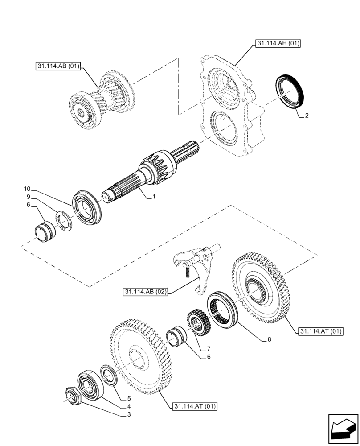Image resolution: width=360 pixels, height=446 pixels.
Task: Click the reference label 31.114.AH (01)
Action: (x=278, y=43)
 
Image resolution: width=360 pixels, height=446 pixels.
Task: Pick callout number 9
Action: (x=28, y=196)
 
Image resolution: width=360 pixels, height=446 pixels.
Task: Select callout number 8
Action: (x=269, y=339)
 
